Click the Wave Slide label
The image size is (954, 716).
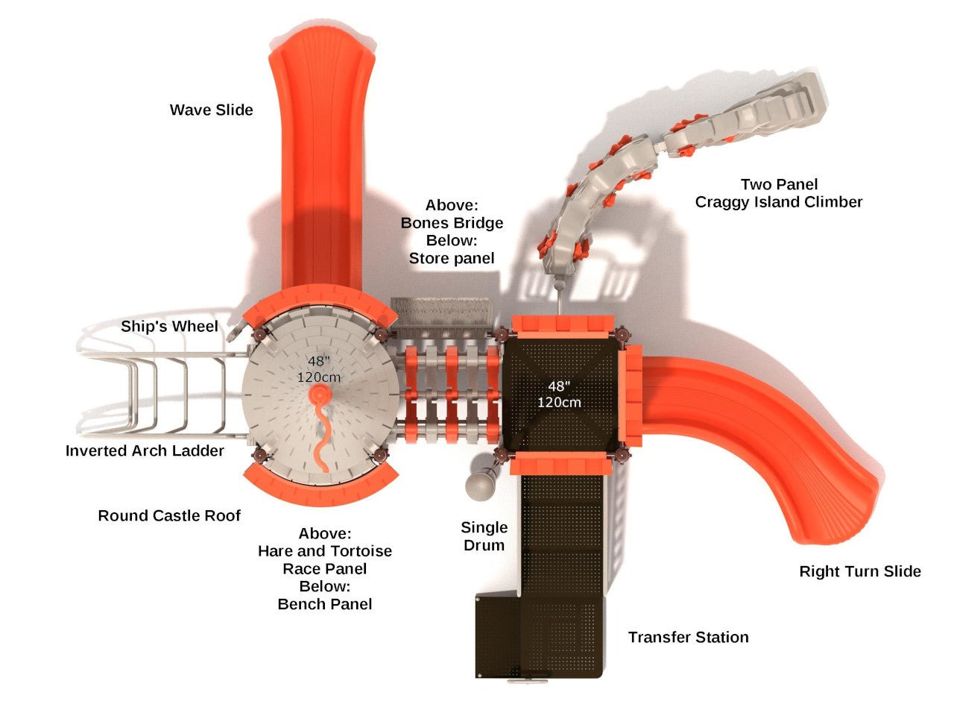point(211,110)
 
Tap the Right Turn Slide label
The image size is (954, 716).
point(859,571)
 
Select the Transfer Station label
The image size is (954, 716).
point(688,637)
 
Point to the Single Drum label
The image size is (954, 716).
point(484,536)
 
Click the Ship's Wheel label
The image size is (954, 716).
point(169,327)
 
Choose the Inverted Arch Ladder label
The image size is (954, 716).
point(145,450)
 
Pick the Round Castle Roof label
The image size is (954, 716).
point(169,515)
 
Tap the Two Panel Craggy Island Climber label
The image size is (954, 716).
point(778,193)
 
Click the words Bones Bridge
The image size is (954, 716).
point(452,223)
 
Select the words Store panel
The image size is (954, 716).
point(452,259)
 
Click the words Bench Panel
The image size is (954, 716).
point(324,604)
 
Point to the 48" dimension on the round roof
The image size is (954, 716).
point(318,362)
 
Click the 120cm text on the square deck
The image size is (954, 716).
point(559,402)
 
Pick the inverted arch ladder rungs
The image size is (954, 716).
point(160,395)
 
